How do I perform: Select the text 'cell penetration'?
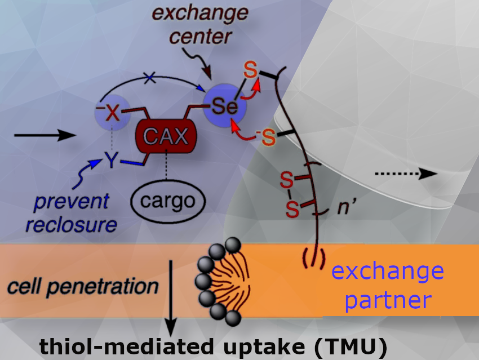pos(84,287)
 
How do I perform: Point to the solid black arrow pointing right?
pos(45,135)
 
